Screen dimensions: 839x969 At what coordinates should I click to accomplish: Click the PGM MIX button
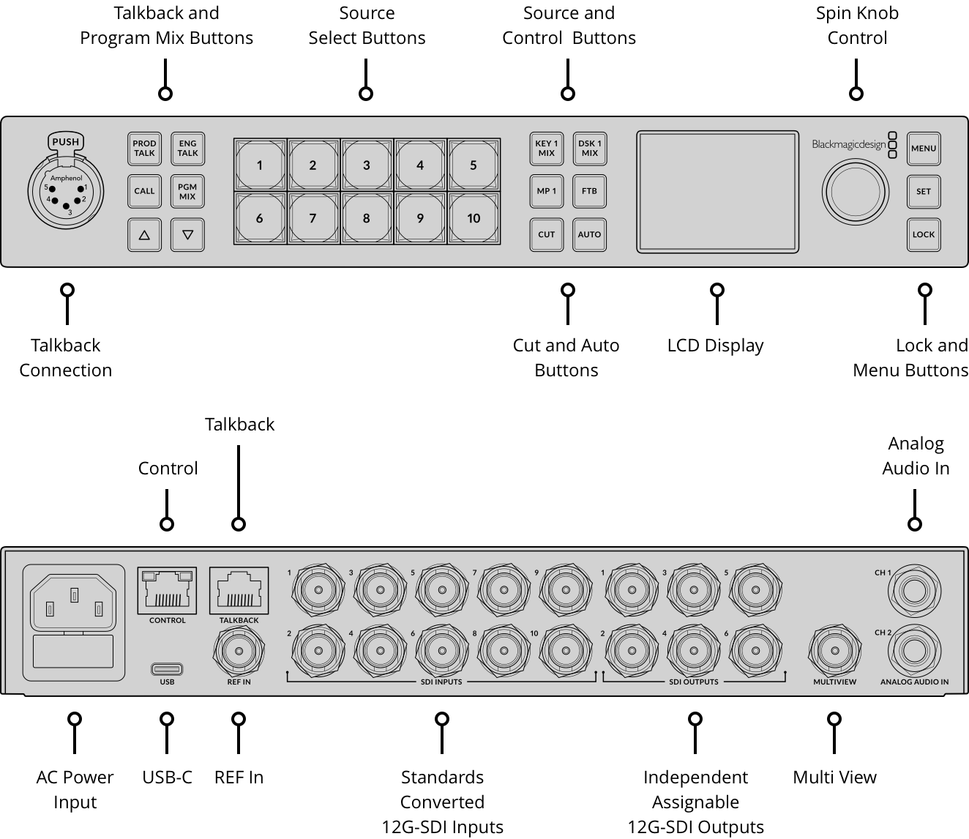187,192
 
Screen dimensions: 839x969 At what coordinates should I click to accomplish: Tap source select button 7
313,218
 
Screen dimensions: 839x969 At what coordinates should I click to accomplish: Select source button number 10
474,218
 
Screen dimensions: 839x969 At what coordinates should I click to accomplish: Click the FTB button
589,192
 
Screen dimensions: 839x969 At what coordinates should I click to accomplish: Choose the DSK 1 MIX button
589,149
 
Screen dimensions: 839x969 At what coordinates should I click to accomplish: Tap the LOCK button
923,235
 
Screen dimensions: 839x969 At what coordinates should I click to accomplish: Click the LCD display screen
717,192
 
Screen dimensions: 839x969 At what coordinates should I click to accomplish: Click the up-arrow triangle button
144,235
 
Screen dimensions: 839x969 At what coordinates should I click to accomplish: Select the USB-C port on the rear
167,668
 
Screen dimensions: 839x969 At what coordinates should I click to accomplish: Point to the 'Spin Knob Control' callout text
857,26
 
